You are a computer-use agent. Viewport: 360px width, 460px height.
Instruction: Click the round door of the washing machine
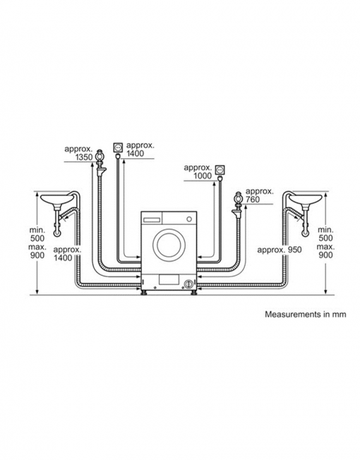pyautogui.click(x=169, y=244)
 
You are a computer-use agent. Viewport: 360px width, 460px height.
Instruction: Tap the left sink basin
pyautogui.click(x=56, y=199)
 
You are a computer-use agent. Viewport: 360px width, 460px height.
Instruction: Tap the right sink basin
pyautogui.click(x=306, y=199)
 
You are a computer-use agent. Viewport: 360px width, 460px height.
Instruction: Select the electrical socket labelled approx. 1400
pyautogui.click(x=118, y=147)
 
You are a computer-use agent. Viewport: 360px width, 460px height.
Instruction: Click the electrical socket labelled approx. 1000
pyautogui.click(x=220, y=170)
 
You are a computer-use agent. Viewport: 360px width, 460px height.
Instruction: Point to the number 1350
pyautogui.click(x=84, y=158)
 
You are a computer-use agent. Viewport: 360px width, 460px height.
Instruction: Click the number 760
pyautogui.click(x=253, y=199)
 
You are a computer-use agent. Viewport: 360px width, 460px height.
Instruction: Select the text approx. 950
pyautogui.click(x=280, y=250)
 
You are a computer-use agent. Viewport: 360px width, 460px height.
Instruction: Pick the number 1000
pyautogui.click(x=203, y=176)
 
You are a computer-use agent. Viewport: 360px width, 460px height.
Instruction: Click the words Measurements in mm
pyautogui.click(x=306, y=314)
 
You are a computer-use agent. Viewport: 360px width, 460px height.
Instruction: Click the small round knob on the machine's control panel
pyautogui.click(x=189, y=219)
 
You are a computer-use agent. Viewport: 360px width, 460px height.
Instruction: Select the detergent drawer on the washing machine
pyautogui.click(x=152, y=220)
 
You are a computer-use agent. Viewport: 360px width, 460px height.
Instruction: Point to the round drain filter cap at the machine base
pyautogui.click(x=188, y=283)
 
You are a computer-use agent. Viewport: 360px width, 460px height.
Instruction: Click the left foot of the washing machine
pyautogui.click(x=144, y=293)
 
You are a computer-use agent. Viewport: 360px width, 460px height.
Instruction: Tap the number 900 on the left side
pyautogui.click(x=37, y=255)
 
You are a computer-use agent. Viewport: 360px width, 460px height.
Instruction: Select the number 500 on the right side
pyautogui.click(x=325, y=238)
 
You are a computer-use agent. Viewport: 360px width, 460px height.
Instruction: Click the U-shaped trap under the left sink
pyautogui.click(x=57, y=230)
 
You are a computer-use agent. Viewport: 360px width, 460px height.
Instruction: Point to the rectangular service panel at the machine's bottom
pyautogui.click(x=169, y=280)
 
